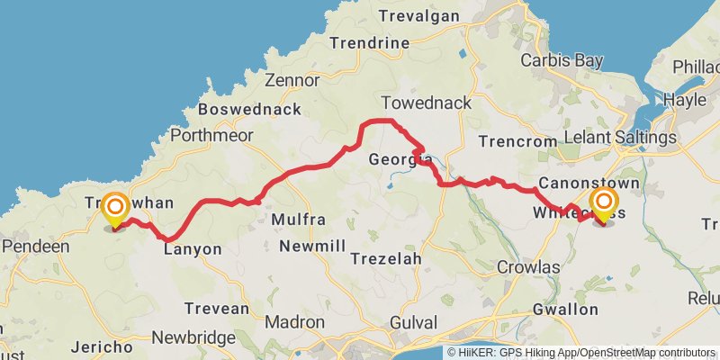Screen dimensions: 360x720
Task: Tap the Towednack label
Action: coord(426,103)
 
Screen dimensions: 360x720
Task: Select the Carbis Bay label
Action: coord(558,61)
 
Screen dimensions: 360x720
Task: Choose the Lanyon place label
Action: coord(193,250)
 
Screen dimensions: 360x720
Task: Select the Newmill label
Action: coord(311,246)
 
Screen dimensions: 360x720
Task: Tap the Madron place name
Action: coord(295,322)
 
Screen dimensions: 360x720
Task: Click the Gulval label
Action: coord(414,322)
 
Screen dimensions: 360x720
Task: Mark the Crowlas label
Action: coord(528,267)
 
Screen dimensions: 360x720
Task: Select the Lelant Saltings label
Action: coord(619,137)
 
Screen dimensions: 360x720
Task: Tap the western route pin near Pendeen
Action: coord(115,210)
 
